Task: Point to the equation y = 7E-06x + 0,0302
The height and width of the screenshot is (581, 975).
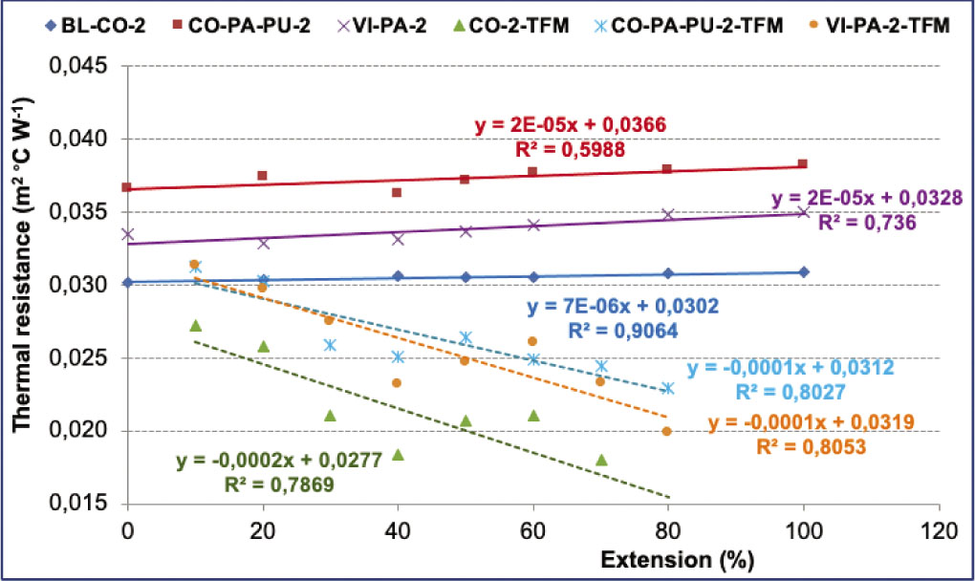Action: [622, 307]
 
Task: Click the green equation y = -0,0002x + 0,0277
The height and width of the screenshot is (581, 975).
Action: [279, 461]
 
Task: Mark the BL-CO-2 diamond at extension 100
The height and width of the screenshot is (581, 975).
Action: [804, 272]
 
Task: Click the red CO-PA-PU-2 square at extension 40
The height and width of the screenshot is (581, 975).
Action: [398, 192]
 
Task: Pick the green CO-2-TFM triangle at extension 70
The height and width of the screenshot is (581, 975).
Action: [601, 460]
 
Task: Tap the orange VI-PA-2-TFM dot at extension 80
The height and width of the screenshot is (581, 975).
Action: [667, 431]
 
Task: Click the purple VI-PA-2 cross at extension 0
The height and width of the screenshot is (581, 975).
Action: [128, 234]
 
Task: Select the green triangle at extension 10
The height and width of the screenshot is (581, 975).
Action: [195, 326]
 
